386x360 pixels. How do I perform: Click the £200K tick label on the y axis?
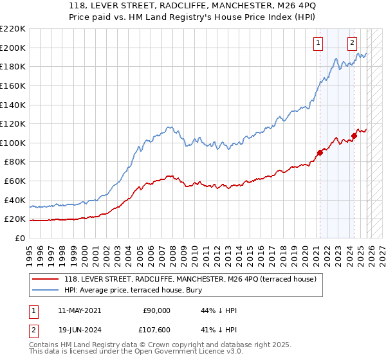click(x=12, y=48)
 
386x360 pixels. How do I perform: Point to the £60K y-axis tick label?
click(x=14, y=181)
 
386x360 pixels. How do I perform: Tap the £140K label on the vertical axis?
click(x=12, y=105)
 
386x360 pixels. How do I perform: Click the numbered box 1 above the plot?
click(x=318, y=43)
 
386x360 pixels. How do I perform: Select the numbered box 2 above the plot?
click(x=353, y=43)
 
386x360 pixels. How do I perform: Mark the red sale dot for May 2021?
click(x=320, y=152)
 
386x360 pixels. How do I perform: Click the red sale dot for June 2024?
click(x=354, y=136)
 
